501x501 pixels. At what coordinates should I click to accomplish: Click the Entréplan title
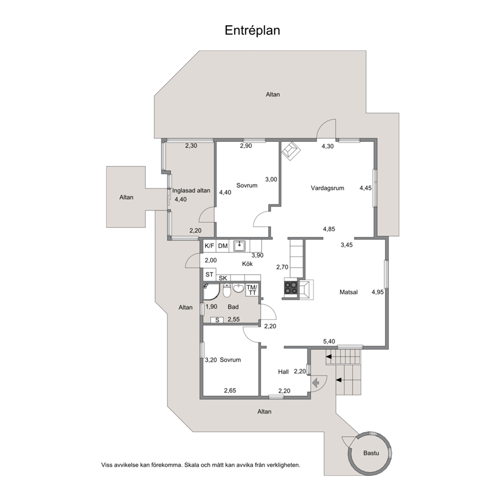tap(253, 30)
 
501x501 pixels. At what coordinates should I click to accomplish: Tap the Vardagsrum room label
tap(327, 188)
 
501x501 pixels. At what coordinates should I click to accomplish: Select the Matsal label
tap(348, 292)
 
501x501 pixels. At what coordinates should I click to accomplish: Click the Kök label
tap(247, 264)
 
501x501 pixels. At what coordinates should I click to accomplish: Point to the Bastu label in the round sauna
tap(371, 453)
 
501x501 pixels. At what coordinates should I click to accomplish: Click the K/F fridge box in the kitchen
tap(210, 246)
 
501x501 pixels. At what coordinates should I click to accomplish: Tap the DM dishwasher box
tap(223, 246)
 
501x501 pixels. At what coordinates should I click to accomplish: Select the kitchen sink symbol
tap(239, 246)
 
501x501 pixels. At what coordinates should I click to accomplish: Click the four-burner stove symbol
tap(291, 287)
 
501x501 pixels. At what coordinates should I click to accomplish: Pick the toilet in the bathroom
tap(227, 290)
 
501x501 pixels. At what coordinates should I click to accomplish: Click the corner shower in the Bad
tap(212, 292)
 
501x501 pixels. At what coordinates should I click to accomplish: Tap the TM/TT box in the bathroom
tap(252, 290)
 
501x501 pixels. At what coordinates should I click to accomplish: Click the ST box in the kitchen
tap(210, 274)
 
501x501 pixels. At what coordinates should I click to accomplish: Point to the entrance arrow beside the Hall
tap(316, 382)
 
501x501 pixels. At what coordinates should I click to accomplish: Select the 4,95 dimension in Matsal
tap(378, 292)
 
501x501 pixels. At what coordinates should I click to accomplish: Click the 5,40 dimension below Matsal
tap(329, 341)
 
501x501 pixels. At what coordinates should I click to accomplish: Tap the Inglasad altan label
tap(191, 190)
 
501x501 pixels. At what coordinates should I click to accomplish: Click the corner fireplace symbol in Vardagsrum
tap(291, 151)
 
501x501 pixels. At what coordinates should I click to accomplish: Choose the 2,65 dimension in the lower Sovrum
tap(230, 390)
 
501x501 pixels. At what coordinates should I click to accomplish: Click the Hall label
tap(283, 372)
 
